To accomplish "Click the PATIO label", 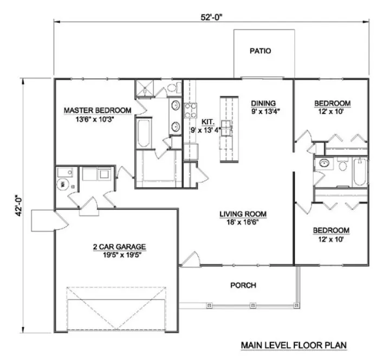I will [260, 52].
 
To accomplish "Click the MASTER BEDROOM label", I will [98, 111].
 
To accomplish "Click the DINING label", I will [264, 103].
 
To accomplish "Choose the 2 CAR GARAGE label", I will [119, 247].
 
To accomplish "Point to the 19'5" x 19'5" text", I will [119, 255].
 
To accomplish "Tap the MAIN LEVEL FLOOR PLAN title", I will [293, 345].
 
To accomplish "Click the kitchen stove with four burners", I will [190, 111].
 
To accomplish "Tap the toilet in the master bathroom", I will [173, 88].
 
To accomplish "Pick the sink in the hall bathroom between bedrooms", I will [324, 163].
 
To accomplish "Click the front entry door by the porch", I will [190, 260].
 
